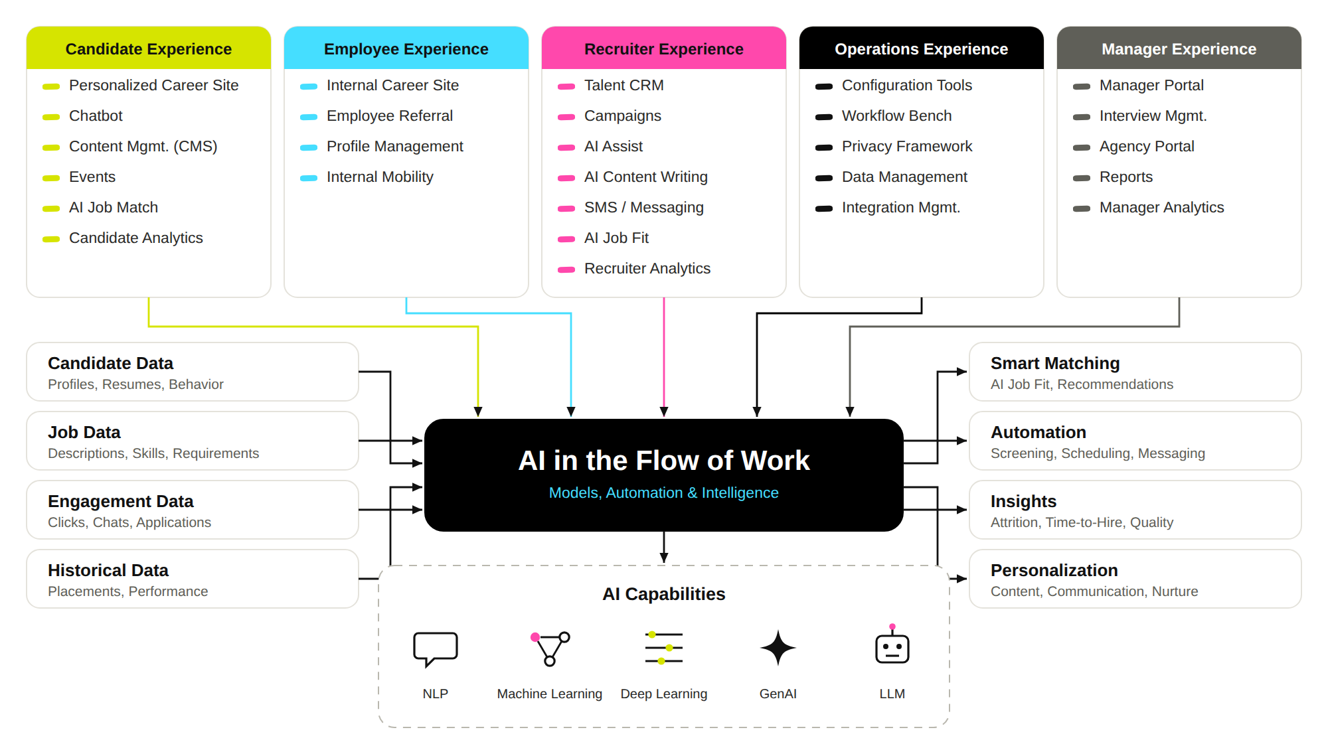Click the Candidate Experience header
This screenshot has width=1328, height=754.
click(149, 48)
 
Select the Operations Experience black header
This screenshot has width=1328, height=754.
click(922, 48)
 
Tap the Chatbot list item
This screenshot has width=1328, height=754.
click(96, 115)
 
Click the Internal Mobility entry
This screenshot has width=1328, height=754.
click(380, 177)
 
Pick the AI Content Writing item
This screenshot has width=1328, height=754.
click(646, 177)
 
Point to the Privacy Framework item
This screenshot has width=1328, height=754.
click(907, 146)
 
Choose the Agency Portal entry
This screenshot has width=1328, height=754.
click(1147, 146)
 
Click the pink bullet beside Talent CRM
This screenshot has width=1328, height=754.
click(566, 86)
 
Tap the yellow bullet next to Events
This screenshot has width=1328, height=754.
click(51, 178)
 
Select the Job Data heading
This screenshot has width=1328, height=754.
click(84, 432)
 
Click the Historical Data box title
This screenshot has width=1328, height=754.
click(108, 570)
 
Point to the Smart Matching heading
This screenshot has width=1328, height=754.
click(1055, 363)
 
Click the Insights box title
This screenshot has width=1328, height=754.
click(1023, 501)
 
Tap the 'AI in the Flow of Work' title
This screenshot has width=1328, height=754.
click(664, 460)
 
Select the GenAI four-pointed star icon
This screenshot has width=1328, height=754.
click(778, 648)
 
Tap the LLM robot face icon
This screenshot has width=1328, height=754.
click(892, 645)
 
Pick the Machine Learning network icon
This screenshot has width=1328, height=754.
click(550, 648)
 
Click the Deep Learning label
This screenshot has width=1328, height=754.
click(664, 694)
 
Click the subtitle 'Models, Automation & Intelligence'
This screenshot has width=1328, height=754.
click(664, 492)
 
